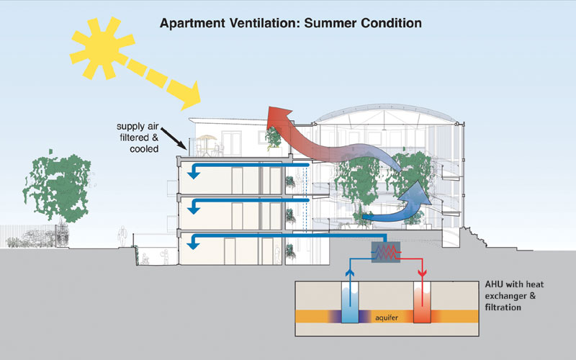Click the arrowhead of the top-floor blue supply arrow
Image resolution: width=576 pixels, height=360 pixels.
pyautogui.click(x=193, y=172)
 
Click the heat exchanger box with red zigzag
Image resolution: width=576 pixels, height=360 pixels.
pyautogui.click(x=387, y=252)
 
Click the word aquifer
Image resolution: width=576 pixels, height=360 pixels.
pyautogui.click(x=386, y=316)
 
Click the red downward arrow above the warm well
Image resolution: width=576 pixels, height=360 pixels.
pyautogui.click(x=423, y=274)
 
